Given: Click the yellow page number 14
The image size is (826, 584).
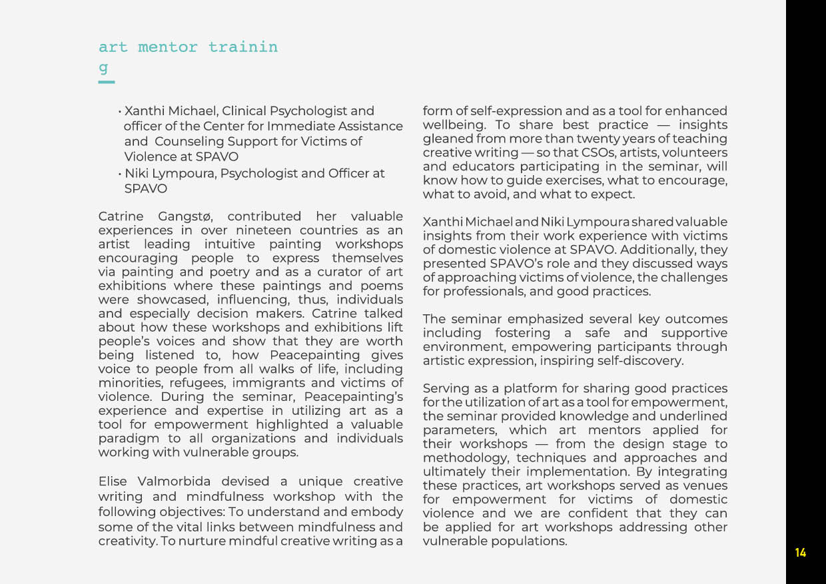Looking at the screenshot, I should [800, 553].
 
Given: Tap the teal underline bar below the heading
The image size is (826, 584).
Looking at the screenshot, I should [107, 82].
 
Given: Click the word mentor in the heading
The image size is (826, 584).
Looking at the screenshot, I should [168, 48].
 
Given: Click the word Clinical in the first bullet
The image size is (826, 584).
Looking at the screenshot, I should [244, 111].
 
